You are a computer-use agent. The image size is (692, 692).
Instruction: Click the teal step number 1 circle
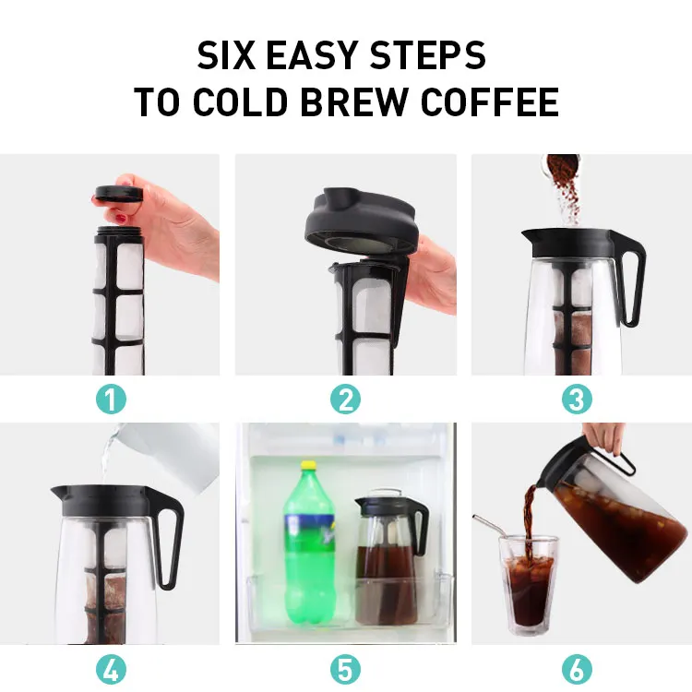[x=110, y=399]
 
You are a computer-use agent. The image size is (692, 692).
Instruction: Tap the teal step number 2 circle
[x=346, y=399]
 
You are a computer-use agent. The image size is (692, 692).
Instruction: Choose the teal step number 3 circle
[x=579, y=399]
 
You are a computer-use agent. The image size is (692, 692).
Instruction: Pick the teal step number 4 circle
[x=110, y=668]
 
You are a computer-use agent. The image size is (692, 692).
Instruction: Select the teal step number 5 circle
[x=346, y=668]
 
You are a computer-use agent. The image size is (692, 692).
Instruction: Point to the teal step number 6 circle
[x=579, y=668]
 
